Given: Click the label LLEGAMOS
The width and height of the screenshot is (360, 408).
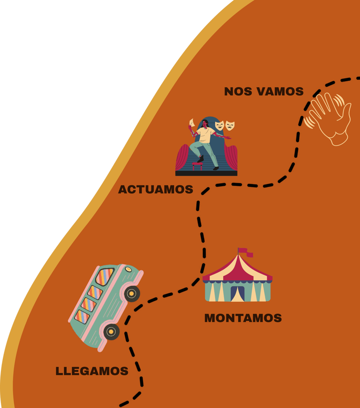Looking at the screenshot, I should coord(92,371).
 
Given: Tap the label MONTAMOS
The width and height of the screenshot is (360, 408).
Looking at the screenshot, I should coord(243,318).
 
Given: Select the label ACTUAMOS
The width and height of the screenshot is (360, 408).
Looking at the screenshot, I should coord(155,189).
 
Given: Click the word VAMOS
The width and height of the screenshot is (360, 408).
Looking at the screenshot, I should coord(280,91).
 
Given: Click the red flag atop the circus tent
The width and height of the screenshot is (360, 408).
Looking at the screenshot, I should coord(244,252).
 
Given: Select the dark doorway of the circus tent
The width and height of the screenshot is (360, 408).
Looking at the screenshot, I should coord(238,294).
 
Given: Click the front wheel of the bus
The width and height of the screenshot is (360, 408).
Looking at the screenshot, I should coord(132,293).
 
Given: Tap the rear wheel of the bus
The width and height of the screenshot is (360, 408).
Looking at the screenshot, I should coord(111,332).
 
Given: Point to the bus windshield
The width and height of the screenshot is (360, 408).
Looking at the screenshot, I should coord(105,276).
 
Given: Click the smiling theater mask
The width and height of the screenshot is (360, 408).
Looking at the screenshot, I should coord(219,125).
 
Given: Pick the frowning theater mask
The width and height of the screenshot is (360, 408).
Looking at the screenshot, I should coord(230,125).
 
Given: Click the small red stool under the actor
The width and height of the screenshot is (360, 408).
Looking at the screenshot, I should coord(197,165).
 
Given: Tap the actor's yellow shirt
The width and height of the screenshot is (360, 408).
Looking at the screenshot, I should coord(205,135).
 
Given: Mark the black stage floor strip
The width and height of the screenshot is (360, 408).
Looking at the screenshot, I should coord(206,173).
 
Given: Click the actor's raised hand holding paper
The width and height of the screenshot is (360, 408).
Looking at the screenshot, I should coord(191,124).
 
